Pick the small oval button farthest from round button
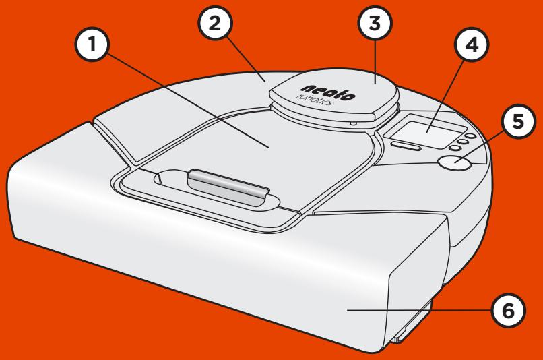[x=470, y=136]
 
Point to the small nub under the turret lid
[x=354, y=123]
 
